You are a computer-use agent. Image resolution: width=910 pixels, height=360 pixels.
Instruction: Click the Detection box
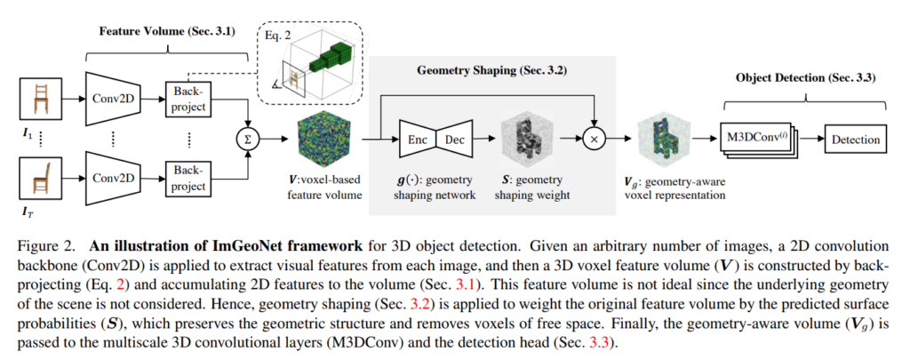pos(856,140)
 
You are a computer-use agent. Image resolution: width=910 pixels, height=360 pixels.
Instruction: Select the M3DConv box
pos(754,139)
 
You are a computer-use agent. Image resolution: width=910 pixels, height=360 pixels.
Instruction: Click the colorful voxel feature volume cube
pos(323,139)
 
